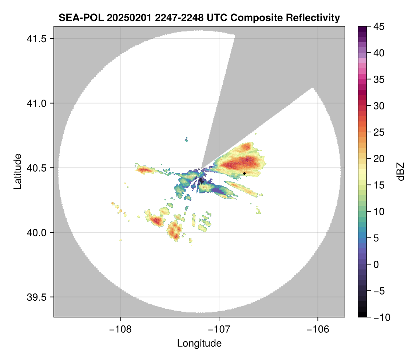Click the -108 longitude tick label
point(120,329)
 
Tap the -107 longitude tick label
point(219,329)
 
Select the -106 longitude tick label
point(318,329)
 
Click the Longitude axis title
point(199,343)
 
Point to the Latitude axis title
point(17,171)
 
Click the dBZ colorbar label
point(401,172)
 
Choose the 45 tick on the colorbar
point(378,27)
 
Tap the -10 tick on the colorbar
point(380,317)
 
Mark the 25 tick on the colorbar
point(378,132)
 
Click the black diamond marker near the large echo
point(245,173)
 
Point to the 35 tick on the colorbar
point(378,79)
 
